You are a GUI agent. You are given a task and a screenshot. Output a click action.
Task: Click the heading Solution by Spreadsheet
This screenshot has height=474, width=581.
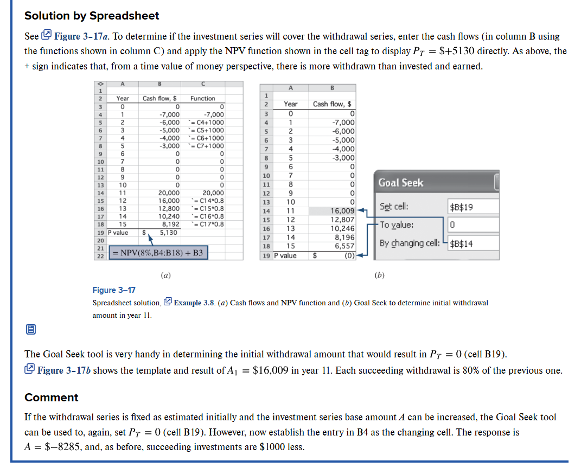pyautogui.click(x=92, y=16)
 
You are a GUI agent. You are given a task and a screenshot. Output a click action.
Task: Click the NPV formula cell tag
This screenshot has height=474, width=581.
pyautogui.click(x=158, y=253)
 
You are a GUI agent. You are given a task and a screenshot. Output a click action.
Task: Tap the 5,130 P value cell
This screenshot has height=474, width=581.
pyautogui.click(x=168, y=232)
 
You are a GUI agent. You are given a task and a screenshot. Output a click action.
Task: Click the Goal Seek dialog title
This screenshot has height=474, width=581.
pyautogui.click(x=401, y=183)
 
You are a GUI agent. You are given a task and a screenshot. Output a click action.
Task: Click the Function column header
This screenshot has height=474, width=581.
pyautogui.click(x=202, y=98)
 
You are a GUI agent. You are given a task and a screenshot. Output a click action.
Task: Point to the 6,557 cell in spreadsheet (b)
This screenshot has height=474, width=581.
pyautogui.click(x=344, y=246)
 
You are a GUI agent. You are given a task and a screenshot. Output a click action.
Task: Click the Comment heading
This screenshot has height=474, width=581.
pyautogui.click(x=52, y=398)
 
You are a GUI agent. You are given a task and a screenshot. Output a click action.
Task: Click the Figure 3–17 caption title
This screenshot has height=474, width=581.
pyautogui.click(x=114, y=291)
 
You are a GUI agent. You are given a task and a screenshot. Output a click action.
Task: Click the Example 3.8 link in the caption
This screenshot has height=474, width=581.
pyautogui.click(x=195, y=303)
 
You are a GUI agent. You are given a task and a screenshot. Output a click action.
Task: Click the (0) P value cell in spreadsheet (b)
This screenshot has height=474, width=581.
pyautogui.click(x=348, y=255)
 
